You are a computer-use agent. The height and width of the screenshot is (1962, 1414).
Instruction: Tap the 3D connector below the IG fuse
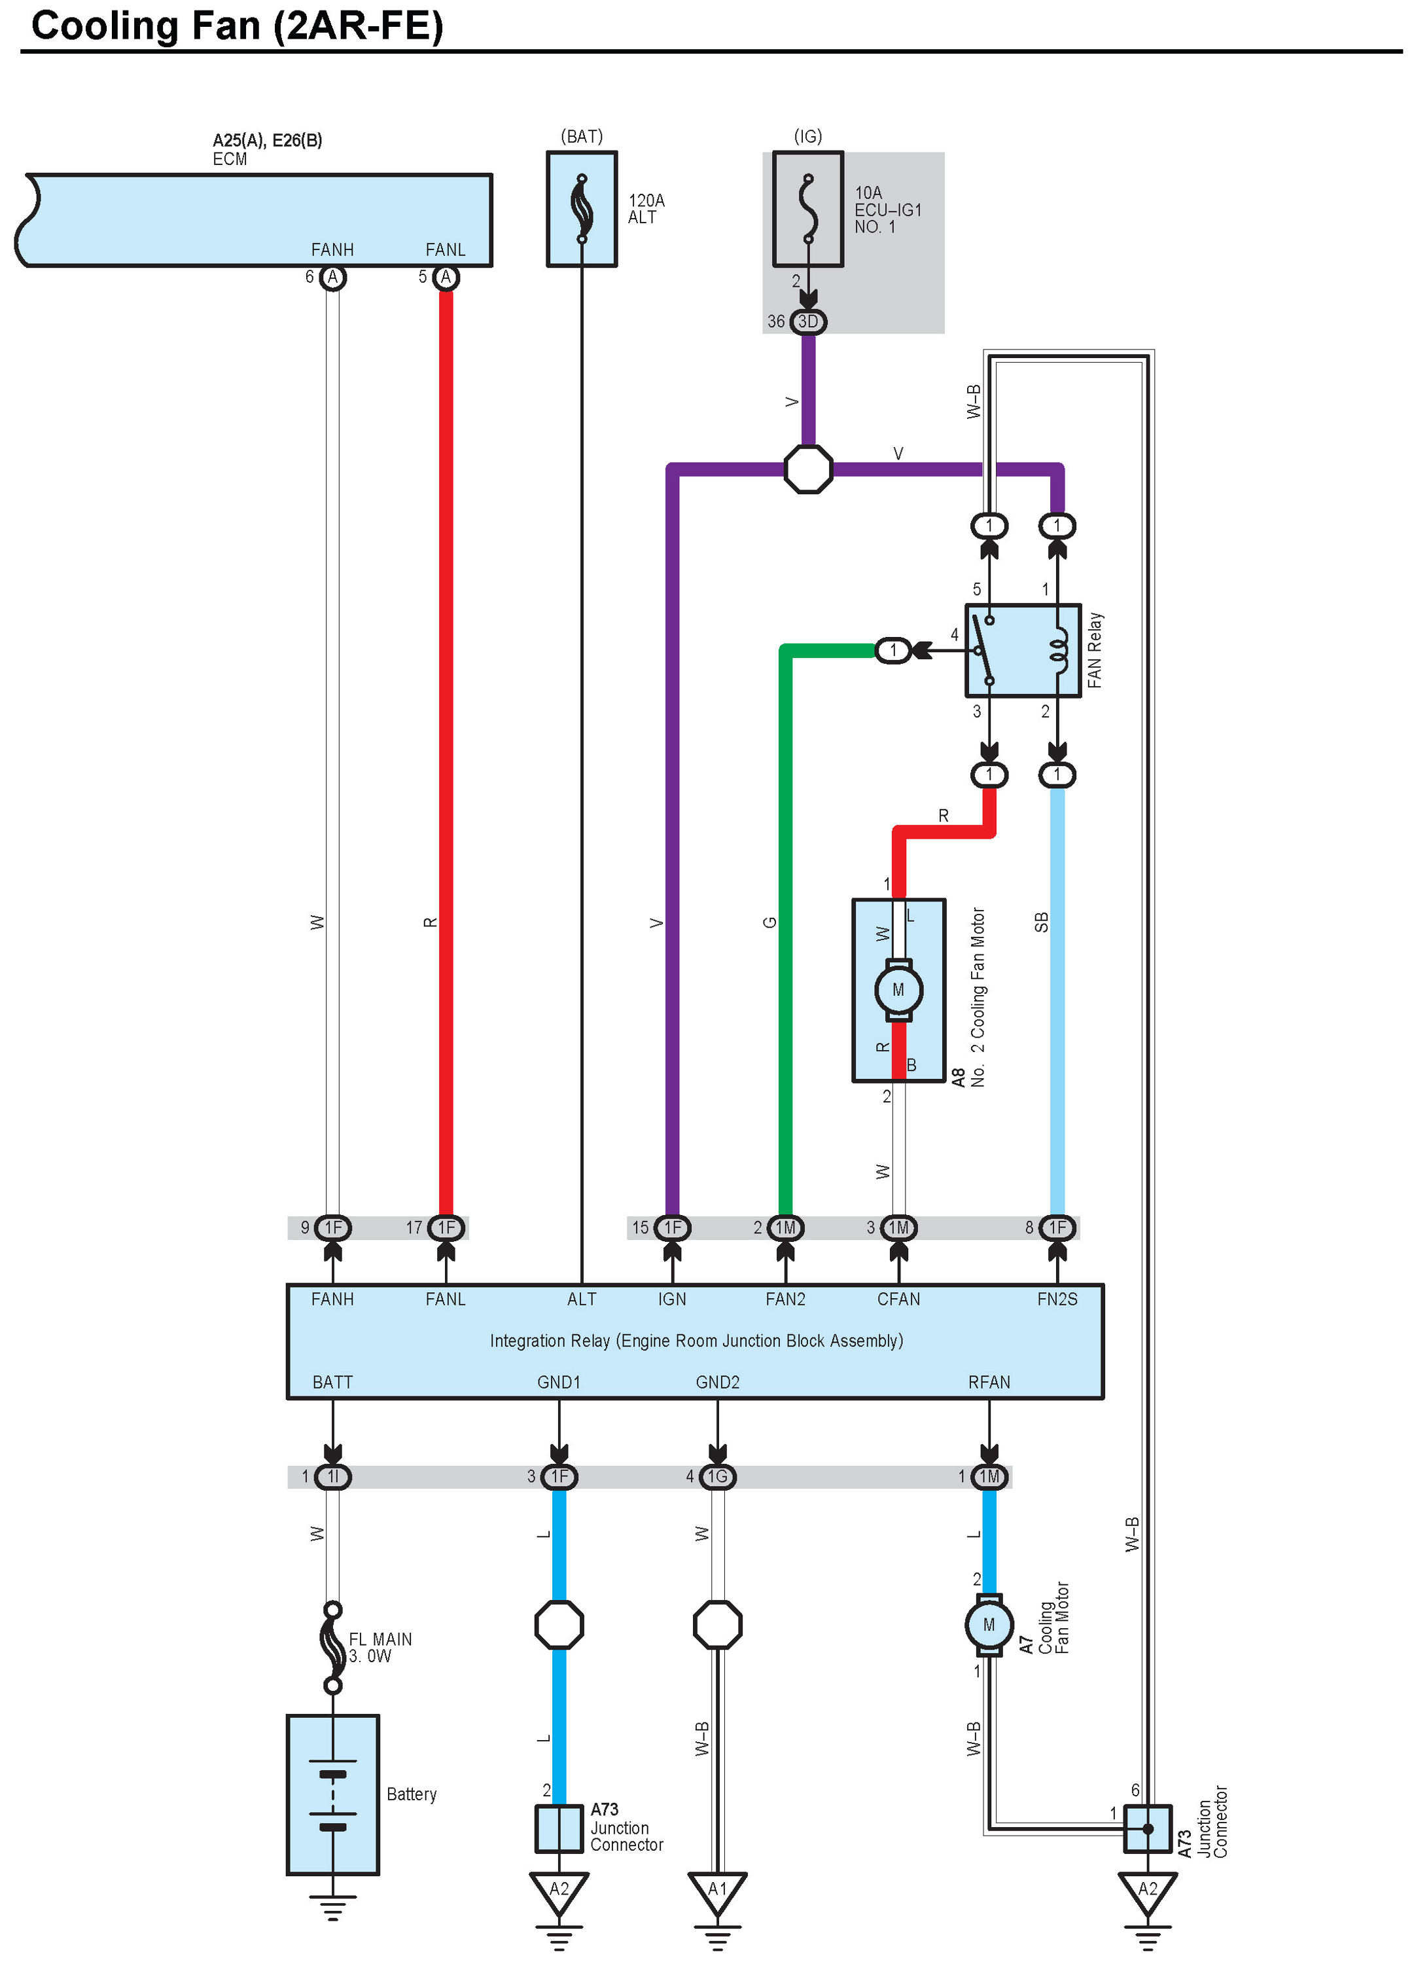pos(807,322)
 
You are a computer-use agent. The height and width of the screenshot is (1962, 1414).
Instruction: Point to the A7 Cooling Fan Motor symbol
pos(989,1626)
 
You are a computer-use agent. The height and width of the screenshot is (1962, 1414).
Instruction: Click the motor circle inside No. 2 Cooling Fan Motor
pos(898,990)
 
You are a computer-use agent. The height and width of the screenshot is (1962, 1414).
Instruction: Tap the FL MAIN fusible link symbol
pos(332,1647)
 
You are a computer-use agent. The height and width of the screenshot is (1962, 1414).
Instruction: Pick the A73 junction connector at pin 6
pos(1148,1829)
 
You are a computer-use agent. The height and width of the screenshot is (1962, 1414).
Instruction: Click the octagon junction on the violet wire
pos(807,469)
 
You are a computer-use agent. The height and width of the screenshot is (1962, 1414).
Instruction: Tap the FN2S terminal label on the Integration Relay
pos(1057,1299)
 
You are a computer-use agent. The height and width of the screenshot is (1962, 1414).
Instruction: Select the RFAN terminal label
pos(989,1383)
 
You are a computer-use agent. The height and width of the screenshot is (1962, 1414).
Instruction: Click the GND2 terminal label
pos(717,1383)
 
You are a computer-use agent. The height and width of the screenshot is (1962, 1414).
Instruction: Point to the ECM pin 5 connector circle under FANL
pos(446,278)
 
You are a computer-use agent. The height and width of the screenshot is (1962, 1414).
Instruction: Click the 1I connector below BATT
pos(333,1477)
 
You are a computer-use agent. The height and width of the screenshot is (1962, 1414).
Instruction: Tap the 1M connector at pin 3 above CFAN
pos(898,1227)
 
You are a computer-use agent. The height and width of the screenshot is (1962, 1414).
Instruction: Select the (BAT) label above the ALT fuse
pos(581,137)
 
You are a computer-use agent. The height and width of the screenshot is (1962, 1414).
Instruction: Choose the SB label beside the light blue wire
pos(1041,922)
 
